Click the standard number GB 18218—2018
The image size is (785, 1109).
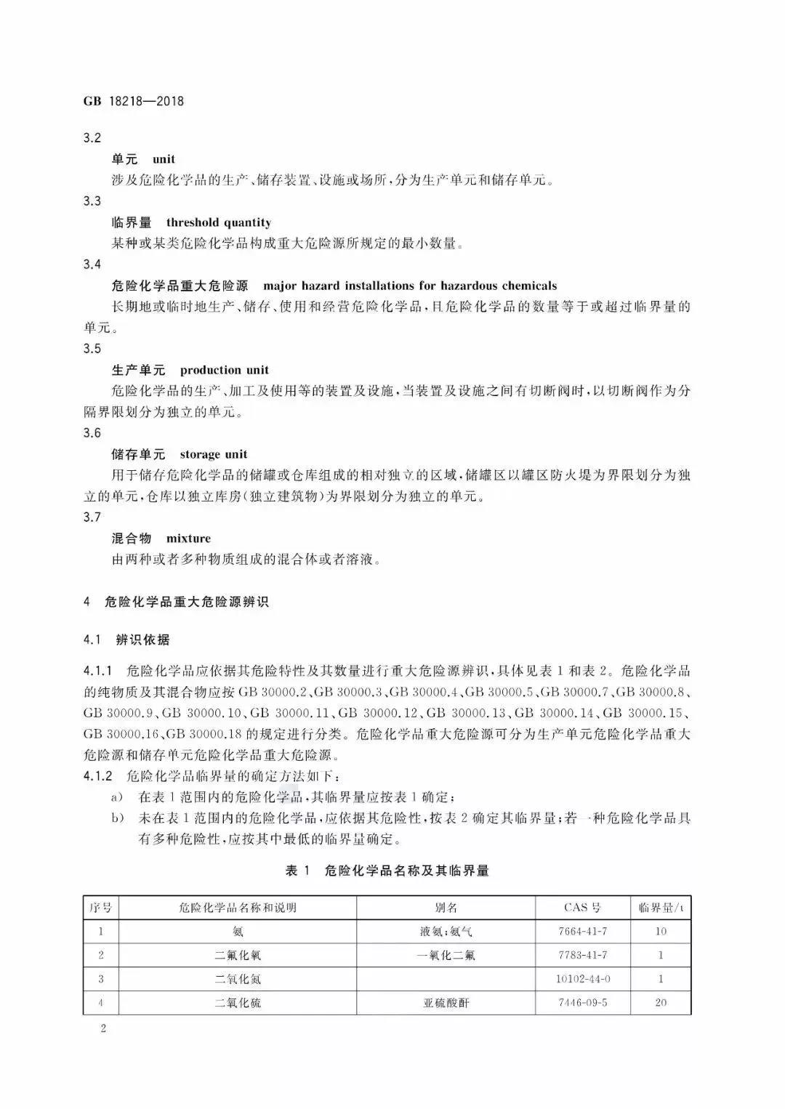click(134, 102)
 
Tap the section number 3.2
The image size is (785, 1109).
click(92, 138)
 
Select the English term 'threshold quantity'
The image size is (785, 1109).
click(219, 222)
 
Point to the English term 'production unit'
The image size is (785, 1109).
click(225, 370)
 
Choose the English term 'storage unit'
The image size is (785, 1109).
click(214, 454)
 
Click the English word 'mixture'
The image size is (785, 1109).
click(188, 539)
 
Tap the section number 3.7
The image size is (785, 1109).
click(92, 517)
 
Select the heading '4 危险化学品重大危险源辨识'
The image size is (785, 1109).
click(177, 602)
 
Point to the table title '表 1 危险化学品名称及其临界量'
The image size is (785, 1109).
click(387, 871)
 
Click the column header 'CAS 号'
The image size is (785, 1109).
click(583, 908)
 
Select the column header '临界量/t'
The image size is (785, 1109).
click(661, 908)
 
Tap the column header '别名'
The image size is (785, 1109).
click(446, 908)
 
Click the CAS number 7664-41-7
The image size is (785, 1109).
click(583, 931)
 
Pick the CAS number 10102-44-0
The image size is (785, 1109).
click(583, 978)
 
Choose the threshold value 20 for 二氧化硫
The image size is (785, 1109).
click(661, 1002)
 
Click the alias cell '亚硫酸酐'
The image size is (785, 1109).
click(446, 1003)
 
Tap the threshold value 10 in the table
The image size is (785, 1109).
click(661, 931)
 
